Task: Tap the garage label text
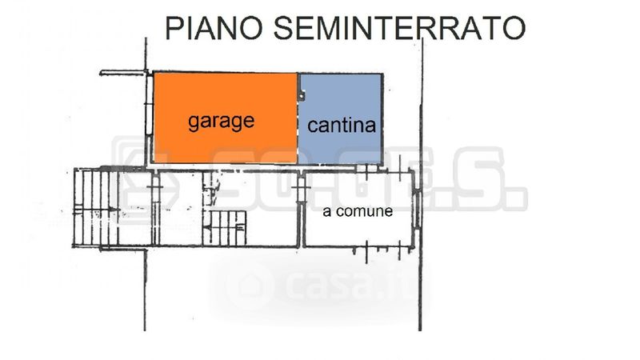coord(221,122)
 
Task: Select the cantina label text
coord(342,126)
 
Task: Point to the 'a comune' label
coord(358,212)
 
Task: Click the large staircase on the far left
coord(95,208)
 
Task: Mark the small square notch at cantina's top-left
coord(302,97)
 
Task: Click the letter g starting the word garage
coord(194,123)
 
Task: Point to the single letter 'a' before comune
coord(326,213)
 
